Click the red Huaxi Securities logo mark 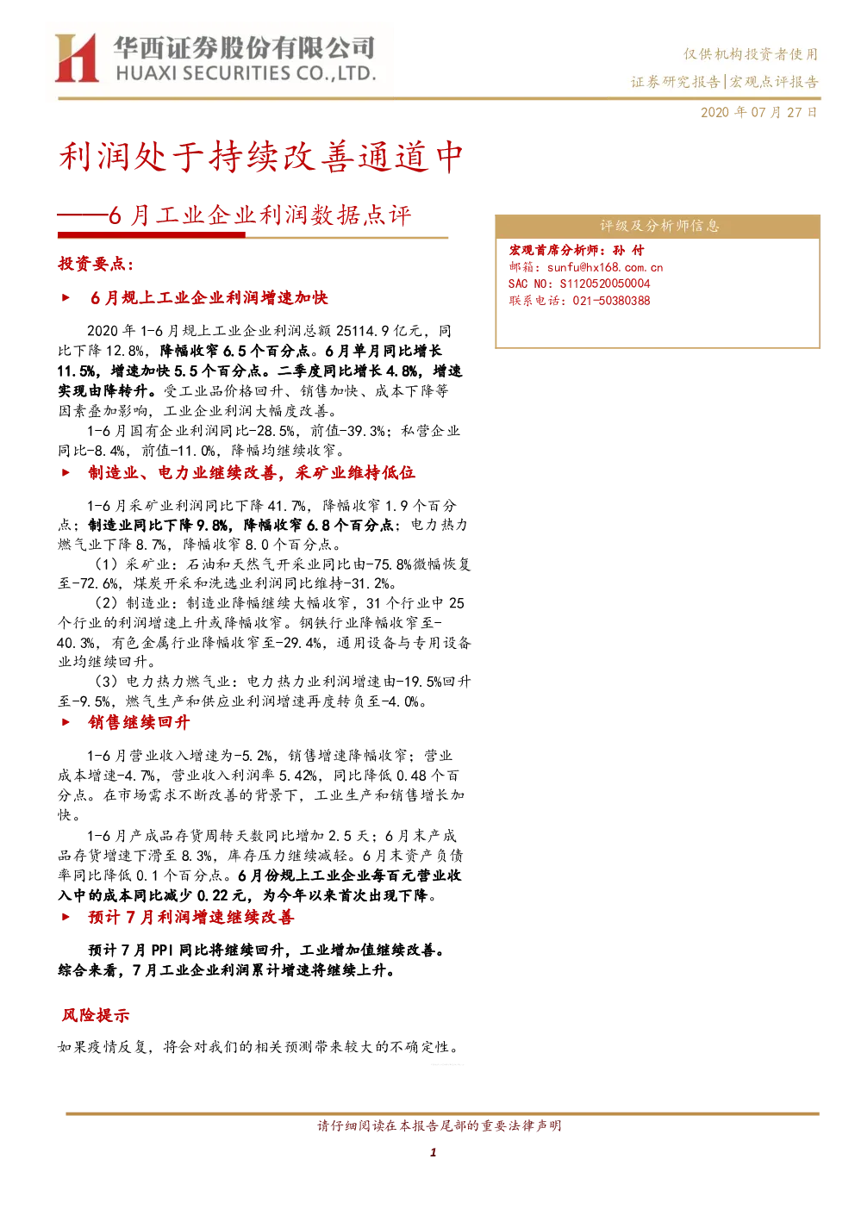77,57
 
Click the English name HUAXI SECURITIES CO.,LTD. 247,73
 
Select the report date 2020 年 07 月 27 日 759,112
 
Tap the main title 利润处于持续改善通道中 260,157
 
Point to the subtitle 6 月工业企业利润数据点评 259,215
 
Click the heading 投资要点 96,264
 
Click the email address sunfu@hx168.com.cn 604,267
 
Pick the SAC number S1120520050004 605,284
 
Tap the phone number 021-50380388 612,301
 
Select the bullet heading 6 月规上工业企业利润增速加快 209,298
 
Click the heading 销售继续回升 139,722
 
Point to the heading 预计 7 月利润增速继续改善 191,917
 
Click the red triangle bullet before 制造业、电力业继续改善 66,473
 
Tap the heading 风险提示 96,1015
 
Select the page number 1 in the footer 433,1152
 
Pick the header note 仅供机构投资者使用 751,54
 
